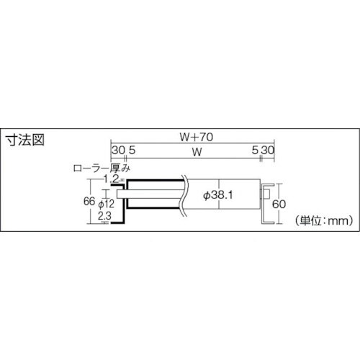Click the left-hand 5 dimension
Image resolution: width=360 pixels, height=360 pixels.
point(132,150)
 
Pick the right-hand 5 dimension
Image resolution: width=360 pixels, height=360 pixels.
point(255,150)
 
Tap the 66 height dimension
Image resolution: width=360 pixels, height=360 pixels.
point(89,202)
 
